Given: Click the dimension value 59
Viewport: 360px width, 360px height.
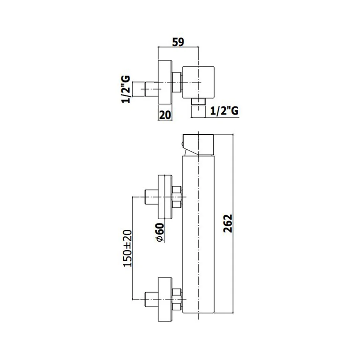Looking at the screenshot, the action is [x=178, y=42].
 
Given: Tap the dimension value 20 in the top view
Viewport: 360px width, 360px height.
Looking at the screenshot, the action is [x=165, y=115].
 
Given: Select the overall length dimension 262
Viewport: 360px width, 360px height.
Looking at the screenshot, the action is [x=228, y=224].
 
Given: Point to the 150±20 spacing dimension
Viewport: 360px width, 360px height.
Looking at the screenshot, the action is [x=128, y=248].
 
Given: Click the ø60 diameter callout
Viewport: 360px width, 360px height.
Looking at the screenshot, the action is [x=160, y=232].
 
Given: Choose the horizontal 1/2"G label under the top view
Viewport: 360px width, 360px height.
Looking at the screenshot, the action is [x=224, y=111].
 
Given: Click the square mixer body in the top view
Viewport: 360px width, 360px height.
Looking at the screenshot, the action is [x=198, y=82].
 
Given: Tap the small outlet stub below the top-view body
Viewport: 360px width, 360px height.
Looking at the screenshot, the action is [x=198, y=102].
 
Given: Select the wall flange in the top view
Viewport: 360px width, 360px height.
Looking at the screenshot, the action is [x=165, y=82].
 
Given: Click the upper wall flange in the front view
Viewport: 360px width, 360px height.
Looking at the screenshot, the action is [x=165, y=197].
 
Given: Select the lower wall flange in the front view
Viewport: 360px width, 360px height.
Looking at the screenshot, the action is [x=165, y=300].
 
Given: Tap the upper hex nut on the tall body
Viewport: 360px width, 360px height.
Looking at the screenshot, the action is [x=177, y=197].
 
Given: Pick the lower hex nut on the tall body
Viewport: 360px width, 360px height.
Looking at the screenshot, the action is [x=177, y=299].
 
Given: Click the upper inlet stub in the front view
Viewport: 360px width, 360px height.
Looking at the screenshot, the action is [x=152, y=197].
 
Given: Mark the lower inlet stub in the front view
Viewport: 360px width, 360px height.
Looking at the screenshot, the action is [x=152, y=300].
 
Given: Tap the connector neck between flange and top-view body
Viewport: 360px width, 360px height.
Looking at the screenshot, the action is [x=177, y=82].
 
